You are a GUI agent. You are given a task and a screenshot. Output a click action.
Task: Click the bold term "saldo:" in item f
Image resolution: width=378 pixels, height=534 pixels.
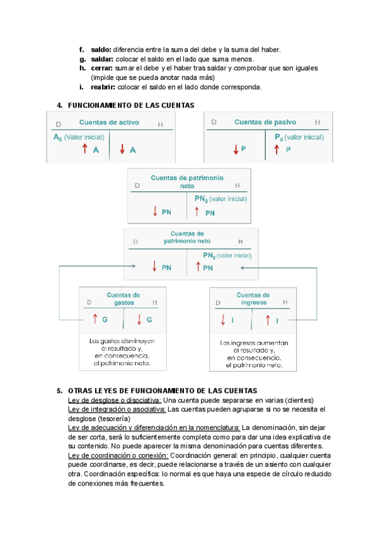pos(101,49)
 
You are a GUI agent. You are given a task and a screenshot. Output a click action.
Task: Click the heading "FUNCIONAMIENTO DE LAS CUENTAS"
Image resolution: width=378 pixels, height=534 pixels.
pos(131,105)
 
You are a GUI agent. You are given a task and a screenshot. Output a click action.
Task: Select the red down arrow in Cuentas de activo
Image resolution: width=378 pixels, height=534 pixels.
pos(122,149)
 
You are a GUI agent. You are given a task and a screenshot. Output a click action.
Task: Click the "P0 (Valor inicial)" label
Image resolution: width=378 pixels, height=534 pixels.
pos(299,137)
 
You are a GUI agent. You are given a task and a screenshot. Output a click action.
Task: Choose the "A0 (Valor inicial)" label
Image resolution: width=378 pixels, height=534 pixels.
pos(78,137)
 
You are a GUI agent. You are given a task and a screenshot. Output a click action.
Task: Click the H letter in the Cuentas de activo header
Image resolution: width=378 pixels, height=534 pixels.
pos(160,124)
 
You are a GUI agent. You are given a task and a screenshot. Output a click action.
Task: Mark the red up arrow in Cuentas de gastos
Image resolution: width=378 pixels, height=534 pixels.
pos(94,319)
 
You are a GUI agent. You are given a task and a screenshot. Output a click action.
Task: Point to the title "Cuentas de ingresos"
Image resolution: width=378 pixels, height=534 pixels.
pos(253,298)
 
